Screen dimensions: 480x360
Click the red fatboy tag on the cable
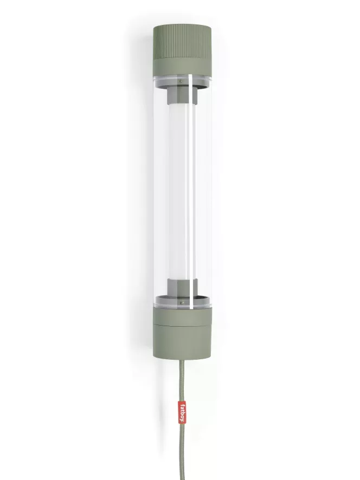182,413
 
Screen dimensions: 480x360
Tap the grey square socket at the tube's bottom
181,287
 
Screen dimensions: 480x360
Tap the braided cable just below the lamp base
182,368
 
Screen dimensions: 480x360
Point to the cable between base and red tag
182,385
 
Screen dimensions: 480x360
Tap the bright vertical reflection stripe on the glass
192,190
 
